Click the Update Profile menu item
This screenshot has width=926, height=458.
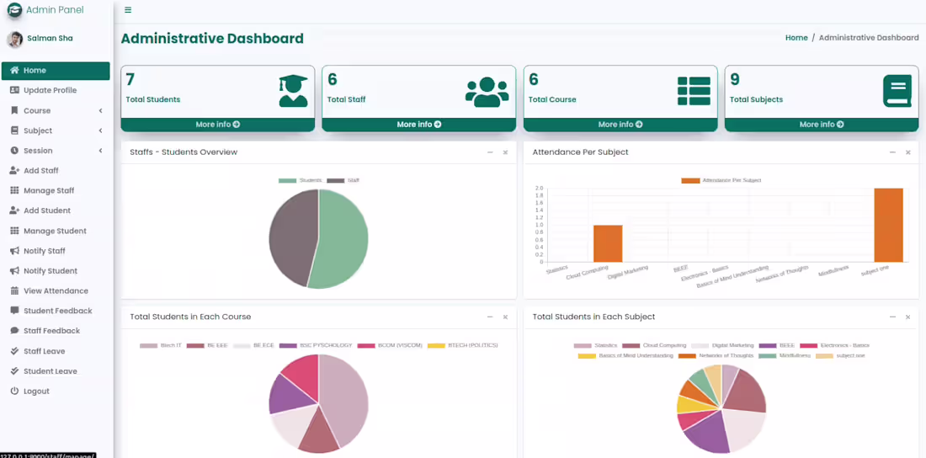pos(50,90)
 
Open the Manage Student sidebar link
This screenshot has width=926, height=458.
pos(55,231)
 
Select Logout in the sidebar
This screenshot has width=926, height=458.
pos(36,391)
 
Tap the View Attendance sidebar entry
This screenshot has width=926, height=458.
pos(56,291)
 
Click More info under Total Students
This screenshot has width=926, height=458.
pos(217,125)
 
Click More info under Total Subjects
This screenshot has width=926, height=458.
pos(821,125)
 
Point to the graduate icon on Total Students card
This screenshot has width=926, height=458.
pos(293,91)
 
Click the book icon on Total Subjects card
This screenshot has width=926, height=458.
pos(897,91)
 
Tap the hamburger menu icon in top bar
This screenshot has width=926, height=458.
pos(128,10)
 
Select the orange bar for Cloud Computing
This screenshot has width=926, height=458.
pos(608,243)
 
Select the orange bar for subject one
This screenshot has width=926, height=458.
pos(888,225)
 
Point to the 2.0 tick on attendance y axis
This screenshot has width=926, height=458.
pos(539,189)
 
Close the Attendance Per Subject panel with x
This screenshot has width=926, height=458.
pos(907,152)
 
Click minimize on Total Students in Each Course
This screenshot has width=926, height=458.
pos(490,317)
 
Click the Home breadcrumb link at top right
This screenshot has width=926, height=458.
pos(796,38)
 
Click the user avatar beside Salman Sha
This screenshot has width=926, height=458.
pos(15,39)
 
